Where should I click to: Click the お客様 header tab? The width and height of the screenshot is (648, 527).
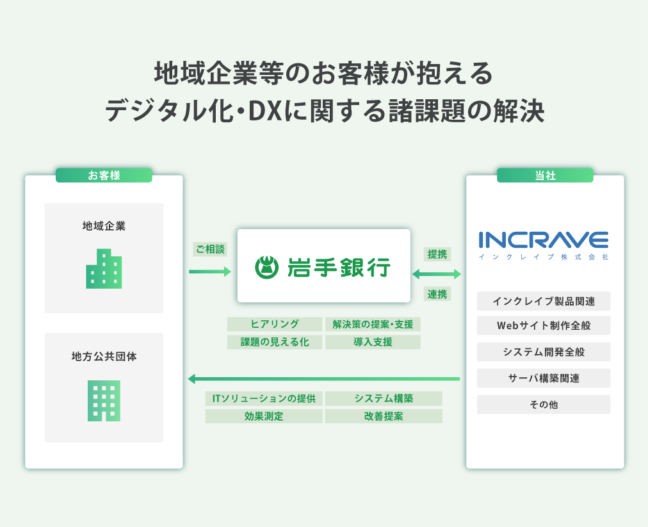(x=104, y=175)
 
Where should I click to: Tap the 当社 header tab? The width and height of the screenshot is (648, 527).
(x=545, y=175)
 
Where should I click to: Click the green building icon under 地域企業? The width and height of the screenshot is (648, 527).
(x=104, y=269)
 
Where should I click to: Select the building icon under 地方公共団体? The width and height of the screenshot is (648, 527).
(x=104, y=400)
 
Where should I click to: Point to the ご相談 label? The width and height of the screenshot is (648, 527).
(x=211, y=249)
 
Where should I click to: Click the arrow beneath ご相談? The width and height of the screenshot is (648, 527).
(x=210, y=272)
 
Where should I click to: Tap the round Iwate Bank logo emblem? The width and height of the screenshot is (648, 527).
(x=266, y=268)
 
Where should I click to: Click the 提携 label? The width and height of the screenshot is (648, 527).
(x=437, y=254)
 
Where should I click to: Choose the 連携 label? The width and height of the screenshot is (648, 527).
(x=437, y=295)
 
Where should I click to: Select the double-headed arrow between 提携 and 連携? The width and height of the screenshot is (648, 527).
(x=437, y=273)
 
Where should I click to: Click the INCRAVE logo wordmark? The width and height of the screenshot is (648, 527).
(x=544, y=240)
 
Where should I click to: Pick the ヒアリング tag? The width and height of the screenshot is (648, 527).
(x=275, y=324)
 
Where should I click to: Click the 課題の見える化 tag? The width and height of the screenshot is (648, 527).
(x=275, y=342)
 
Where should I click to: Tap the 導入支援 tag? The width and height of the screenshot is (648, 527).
(x=373, y=342)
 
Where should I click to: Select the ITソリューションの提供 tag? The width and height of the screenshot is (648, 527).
(x=264, y=398)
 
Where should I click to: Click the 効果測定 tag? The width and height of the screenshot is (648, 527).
(x=264, y=416)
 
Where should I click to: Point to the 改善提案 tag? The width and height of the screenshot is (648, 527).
(x=384, y=416)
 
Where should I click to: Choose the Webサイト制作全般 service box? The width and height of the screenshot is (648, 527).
(x=544, y=325)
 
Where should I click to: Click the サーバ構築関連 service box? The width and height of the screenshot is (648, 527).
(x=544, y=378)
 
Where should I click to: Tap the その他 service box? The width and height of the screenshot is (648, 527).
(x=544, y=405)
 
